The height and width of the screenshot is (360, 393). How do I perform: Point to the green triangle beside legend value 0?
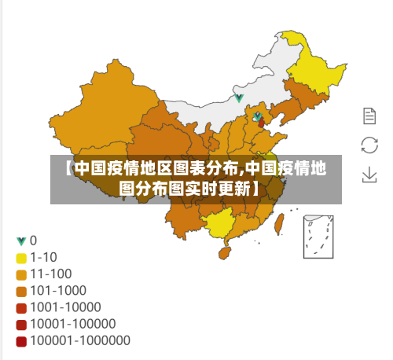pyautogui.click(x=21, y=241)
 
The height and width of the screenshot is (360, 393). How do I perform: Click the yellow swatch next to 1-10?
pyautogui.click(x=21, y=257)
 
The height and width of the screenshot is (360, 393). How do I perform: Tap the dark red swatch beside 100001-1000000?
pyautogui.click(x=21, y=340)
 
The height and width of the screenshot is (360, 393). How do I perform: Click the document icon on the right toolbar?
pyautogui.click(x=369, y=116)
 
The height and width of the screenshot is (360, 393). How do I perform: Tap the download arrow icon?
pyautogui.click(x=369, y=174)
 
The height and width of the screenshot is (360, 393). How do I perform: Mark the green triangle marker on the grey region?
pyautogui.click(x=239, y=98)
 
